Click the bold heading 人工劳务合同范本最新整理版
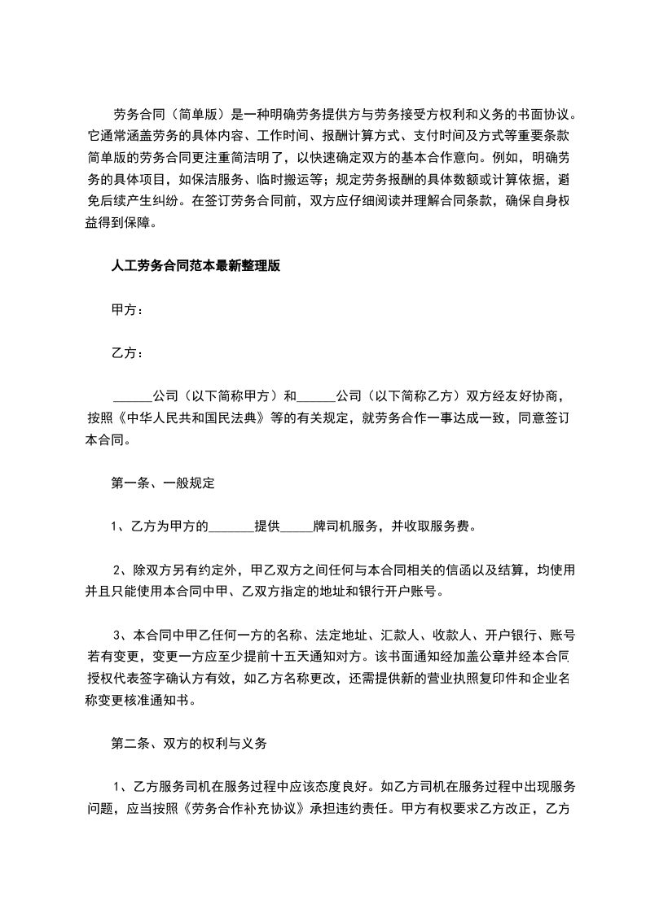pyautogui.click(x=196, y=266)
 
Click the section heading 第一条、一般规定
pyautogui.click(x=162, y=483)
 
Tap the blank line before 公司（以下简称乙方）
pyautogui.click(x=316, y=397)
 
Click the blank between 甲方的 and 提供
pyautogui.click(x=232, y=526)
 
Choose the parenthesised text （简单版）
pyautogui.click(x=192, y=115)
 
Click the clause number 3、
pyautogui.click(x=119, y=636)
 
